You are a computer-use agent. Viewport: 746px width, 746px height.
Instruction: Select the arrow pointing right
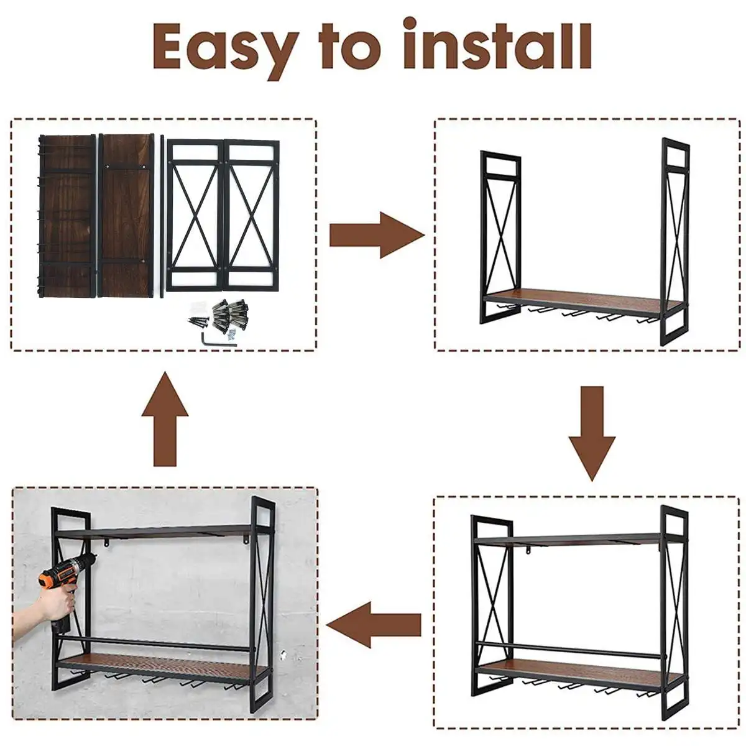[x=377, y=235]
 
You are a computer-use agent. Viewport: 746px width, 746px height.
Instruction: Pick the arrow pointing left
[x=374, y=625]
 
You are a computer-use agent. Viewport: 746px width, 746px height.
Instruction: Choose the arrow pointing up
[x=165, y=419]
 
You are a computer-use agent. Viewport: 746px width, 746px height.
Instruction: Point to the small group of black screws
[x=198, y=321]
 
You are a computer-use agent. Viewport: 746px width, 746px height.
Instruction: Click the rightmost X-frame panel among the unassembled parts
[x=252, y=215]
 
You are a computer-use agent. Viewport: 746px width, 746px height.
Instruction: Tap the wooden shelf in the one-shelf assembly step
[x=581, y=302]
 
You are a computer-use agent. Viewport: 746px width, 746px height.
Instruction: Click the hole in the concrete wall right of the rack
[x=283, y=654]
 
